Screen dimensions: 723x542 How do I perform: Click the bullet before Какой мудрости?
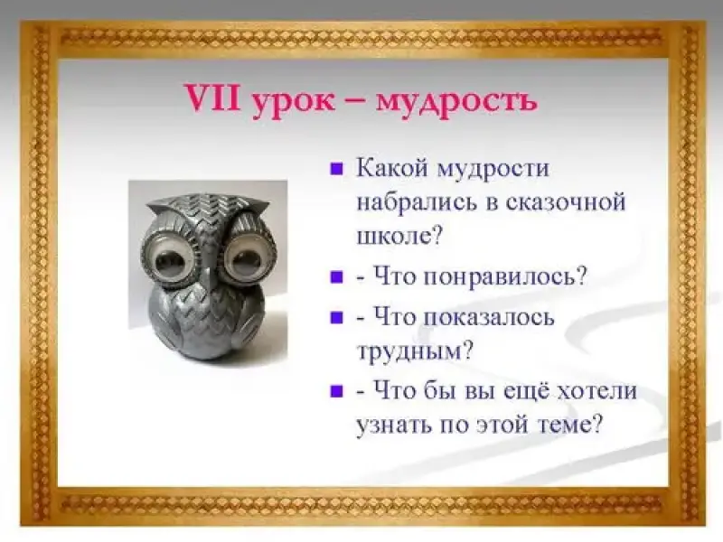point(337,169)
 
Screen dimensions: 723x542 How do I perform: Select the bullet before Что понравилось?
point(337,277)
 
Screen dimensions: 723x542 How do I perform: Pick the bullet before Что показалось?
point(337,318)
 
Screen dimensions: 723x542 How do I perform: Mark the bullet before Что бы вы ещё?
point(337,392)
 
